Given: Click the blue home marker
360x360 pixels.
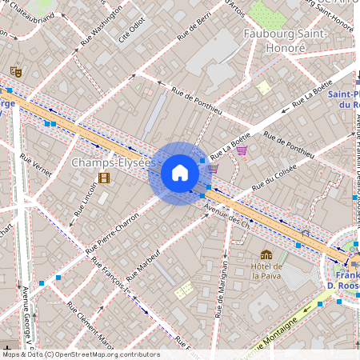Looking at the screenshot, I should click(x=179, y=173).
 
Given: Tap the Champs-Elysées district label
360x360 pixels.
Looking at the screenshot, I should click(x=111, y=162).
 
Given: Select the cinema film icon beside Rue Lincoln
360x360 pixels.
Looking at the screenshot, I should click(x=103, y=178).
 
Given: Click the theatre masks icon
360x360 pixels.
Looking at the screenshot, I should click(x=15, y=72).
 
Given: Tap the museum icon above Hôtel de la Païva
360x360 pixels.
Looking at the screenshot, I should click(x=266, y=254).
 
